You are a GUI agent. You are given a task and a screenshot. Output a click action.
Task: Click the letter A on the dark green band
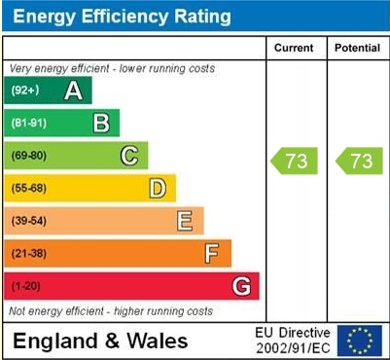(72, 91)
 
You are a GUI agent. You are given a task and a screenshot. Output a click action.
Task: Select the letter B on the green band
(100, 124)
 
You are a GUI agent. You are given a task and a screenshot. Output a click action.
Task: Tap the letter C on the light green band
(128, 156)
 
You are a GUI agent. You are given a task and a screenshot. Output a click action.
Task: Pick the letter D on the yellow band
(157, 188)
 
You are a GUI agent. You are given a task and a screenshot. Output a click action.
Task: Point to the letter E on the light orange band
(184, 221)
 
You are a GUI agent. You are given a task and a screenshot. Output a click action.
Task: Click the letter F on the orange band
(212, 253)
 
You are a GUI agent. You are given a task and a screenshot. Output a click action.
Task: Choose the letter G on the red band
(241, 286)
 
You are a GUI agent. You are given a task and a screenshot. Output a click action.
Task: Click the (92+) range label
(24, 91)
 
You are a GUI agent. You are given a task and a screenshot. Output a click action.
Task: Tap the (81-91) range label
(28, 124)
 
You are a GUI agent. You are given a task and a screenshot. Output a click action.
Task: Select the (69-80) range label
(28, 156)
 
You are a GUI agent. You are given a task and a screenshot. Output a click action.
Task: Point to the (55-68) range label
(28, 189)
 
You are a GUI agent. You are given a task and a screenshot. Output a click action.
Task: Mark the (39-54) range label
(28, 221)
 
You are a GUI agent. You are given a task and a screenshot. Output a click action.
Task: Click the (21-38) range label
(28, 254)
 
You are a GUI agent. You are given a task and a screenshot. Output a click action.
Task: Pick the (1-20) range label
(25, 286)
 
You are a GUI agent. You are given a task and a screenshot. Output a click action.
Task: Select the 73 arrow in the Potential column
(359, 161)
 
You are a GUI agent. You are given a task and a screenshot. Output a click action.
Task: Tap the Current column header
(294, 48)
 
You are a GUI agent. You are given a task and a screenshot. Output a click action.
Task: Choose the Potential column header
(358, 48)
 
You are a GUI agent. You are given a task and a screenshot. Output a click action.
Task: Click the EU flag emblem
(360, 340)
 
